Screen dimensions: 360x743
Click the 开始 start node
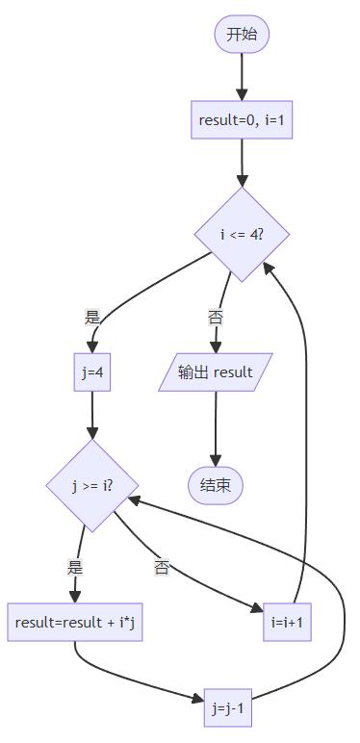(242, 34)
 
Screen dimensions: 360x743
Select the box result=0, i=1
(242, 120)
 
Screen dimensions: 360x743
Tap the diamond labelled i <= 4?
(242, 235)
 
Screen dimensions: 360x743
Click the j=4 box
(91, 371)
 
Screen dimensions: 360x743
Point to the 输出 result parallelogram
(216, 371)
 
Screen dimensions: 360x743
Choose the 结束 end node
(216, 486)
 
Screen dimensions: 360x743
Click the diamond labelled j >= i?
(91, 486)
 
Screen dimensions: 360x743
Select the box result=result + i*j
(75, 622)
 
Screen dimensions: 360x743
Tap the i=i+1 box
(287, 622)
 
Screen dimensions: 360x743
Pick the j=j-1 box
(228, 707)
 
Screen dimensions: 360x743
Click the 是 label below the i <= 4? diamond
(91, 317)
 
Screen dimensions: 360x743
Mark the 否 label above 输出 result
(216, 317)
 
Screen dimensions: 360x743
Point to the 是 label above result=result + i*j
(75, 567)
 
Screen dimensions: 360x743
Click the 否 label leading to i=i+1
(161, 567)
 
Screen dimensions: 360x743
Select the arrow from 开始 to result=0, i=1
(242, 76)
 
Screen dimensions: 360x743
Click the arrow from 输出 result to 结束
(216, 429)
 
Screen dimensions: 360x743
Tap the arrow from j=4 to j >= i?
(91, 415)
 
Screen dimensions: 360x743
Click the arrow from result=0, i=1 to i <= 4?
(242, 163)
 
